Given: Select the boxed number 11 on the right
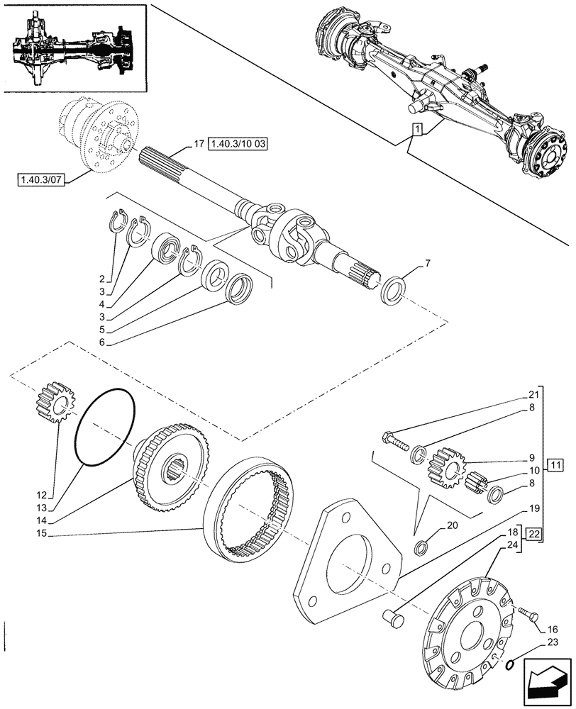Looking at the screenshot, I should click(x=555, y=466).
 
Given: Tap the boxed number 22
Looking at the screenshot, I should click(x=534, y=534).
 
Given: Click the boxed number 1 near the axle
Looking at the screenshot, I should click(x=417, y=130).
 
